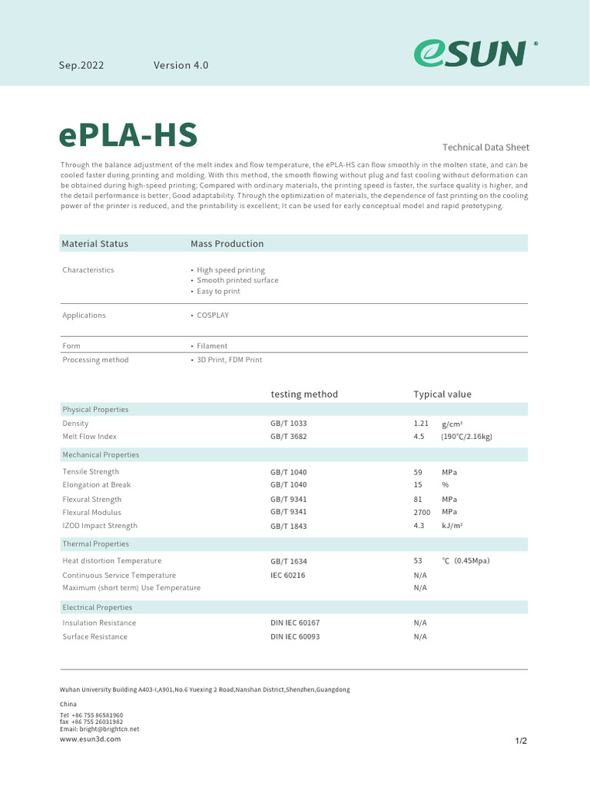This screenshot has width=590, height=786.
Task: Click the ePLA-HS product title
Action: [128, 135]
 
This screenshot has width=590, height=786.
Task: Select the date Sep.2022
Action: [81, 65]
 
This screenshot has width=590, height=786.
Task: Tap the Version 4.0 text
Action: [181, 65]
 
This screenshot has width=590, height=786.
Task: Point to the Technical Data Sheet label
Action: [486, 147]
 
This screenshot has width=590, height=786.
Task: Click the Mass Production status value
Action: [227, 244]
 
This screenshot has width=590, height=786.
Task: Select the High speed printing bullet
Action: [230, 270]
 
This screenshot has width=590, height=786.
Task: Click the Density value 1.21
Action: [421, 424]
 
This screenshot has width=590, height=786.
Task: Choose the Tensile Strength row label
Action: [91, 472]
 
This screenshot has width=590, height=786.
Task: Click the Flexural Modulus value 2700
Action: [423, 512]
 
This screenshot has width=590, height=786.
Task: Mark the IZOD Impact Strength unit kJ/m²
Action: [452, 526]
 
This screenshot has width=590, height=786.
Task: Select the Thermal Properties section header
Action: [95, 544]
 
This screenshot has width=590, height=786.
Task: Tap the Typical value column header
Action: [442, 395]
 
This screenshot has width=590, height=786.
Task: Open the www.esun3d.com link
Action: [91, 738]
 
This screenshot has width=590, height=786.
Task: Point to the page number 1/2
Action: [521, 741]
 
